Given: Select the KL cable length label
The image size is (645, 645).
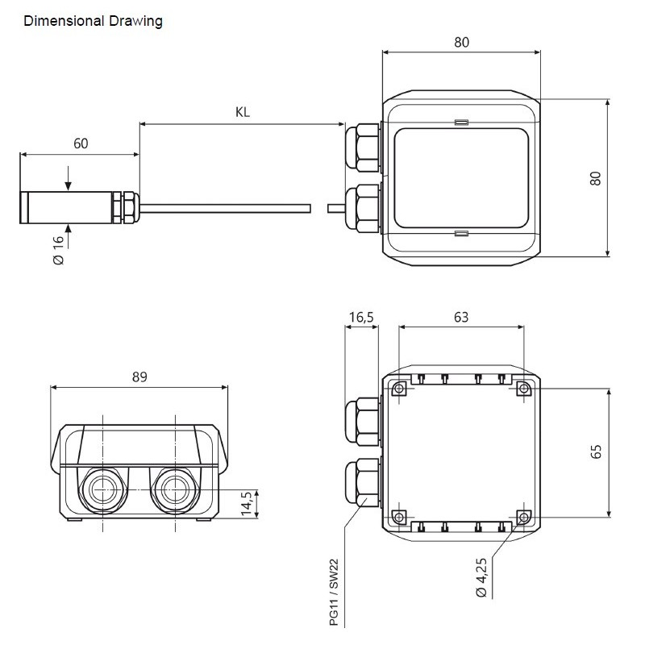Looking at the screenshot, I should (243, 113).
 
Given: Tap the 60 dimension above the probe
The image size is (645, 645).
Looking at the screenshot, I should (81, 144).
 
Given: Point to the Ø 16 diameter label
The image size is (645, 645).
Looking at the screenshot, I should (58, 249).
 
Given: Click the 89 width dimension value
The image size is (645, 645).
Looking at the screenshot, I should (139, 376).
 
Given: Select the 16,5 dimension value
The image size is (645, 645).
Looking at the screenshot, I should (360, 317).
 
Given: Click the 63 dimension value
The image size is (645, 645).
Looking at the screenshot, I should (460, 317).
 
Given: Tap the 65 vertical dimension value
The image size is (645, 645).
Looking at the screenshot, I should (597, 452).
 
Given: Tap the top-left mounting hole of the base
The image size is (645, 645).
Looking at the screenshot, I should (398, 389).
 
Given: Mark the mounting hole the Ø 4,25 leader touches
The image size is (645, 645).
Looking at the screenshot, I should (524, 517).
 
